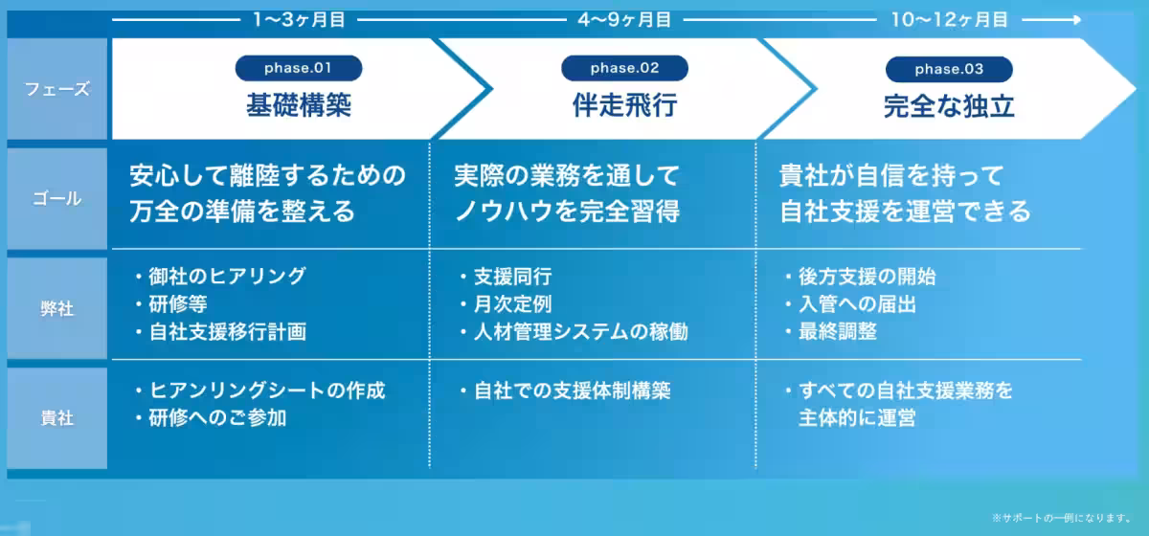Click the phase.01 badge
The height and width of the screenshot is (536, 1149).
[x=299, y=68]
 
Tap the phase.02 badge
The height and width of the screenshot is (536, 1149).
[x=624, y=68]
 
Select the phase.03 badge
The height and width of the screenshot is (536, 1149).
[x=949, y=69]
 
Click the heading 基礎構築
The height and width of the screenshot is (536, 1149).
[x=299, y=105]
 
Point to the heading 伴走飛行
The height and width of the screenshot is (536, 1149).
[x=624, y=105]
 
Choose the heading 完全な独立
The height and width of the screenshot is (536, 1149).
[x=949, y=106]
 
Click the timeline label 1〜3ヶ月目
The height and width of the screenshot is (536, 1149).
[x=299, y=20]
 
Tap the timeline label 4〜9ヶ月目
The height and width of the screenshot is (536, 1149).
[x=624, y=20]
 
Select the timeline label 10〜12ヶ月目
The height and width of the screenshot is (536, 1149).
[x=949, y=20]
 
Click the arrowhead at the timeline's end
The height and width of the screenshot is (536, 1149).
[x=1078, y=20]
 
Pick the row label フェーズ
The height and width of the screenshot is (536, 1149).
[x=56, y=89]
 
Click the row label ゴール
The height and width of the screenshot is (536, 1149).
[x=56, y=198]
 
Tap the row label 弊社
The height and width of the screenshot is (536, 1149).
[x=56, y=309]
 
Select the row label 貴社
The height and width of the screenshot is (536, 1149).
[x=56, y=418]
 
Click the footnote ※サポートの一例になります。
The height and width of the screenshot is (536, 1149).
[x=1062, y=518]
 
